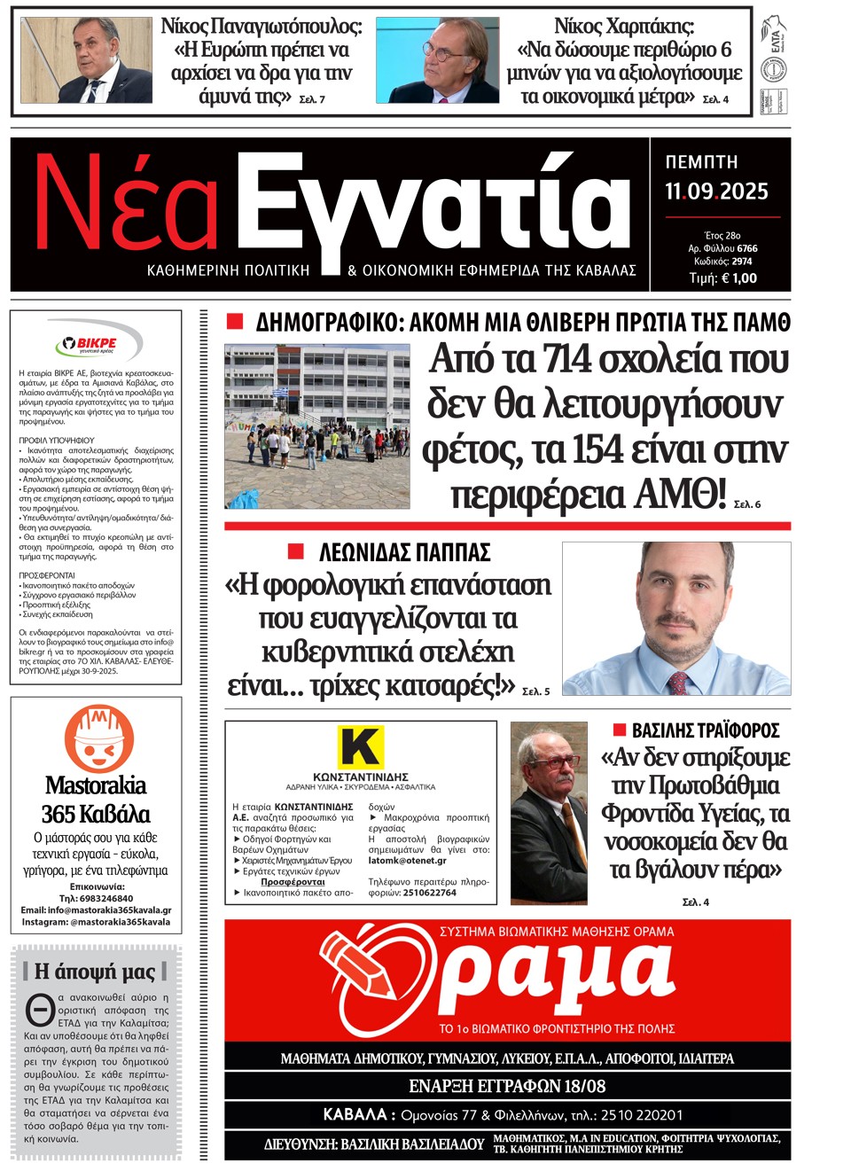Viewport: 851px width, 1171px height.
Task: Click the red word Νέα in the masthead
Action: [127, 206]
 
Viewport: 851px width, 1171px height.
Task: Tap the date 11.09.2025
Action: [716, 191]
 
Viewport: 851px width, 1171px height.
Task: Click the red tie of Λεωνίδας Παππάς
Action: [678, 682]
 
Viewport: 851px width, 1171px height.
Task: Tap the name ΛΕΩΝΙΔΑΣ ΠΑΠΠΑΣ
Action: [404, 553]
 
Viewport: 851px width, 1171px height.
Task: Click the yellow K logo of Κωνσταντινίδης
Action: [360, 746]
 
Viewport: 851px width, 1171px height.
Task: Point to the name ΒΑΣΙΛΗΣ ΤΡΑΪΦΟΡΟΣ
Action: [705, 730]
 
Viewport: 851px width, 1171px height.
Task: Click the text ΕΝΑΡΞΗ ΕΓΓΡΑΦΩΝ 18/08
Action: [507, 1086]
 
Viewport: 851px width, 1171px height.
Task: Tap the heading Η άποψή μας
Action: [95, 972]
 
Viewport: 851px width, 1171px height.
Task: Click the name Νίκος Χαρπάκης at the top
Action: [624, 26]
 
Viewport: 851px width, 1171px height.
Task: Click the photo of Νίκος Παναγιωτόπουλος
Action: [86, 60]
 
